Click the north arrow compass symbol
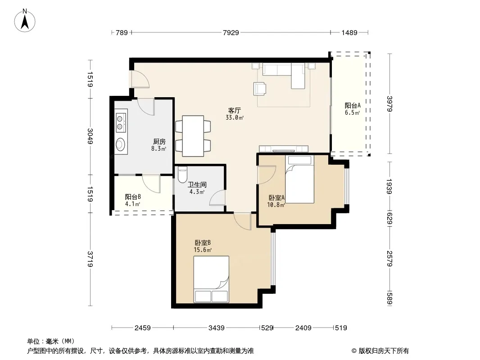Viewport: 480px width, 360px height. coord(25,21)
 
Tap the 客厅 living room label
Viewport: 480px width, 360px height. coord(235,110)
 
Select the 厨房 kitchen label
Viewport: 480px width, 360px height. coord(159,142)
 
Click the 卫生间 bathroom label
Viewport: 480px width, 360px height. coord(197,185)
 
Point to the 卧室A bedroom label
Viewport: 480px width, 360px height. coord(276,198)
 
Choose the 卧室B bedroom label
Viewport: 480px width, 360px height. coord(203,243)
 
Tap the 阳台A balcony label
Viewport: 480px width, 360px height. coord(353,105)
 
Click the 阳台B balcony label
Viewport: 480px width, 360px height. coord(133,197)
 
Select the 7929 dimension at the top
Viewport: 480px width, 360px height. coord(231,32)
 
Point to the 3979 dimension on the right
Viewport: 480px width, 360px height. coord(389,103)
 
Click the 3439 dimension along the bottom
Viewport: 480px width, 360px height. coord(217,328)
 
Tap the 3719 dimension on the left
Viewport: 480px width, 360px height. coord(90,259)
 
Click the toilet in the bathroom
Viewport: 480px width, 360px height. coord(182,174)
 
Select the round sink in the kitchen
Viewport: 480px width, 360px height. coord(121,144)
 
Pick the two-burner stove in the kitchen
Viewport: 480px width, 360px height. coord(121,122)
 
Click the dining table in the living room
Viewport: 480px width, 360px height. coord(193,136)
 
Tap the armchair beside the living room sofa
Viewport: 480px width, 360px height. coord(260,88)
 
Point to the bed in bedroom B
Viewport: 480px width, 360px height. coord(211,279)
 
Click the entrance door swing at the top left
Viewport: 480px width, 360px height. coord(139,79)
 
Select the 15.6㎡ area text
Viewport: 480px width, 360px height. coord(203,250)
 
